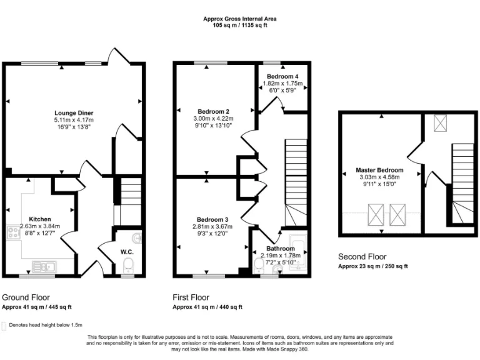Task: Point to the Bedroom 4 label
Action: pyautogui.click(x=282, y=76)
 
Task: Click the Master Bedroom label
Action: pyautogui.click(x=379, y=170)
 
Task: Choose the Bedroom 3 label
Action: pyautogui.click(x=212, y=219)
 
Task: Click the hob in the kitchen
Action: pyautogui.click(x=14, y=234)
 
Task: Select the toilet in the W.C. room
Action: pyautogui.click(x=128, y=268)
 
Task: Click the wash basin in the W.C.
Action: pyautogui.click(x=137, y=237)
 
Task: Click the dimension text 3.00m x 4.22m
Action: pyautogui.click(x=211, y=119)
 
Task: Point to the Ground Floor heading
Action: pyautogui.click(x=26, y=297)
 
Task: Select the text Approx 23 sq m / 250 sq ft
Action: pyautogui.click(x=372, y=266)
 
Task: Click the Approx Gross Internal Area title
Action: pyautogui.click(x=239, y=19)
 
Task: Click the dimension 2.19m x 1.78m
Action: pyautogui.click(x=281, y=255)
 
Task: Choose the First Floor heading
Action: pyautogui.click(x=191, y=297)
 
